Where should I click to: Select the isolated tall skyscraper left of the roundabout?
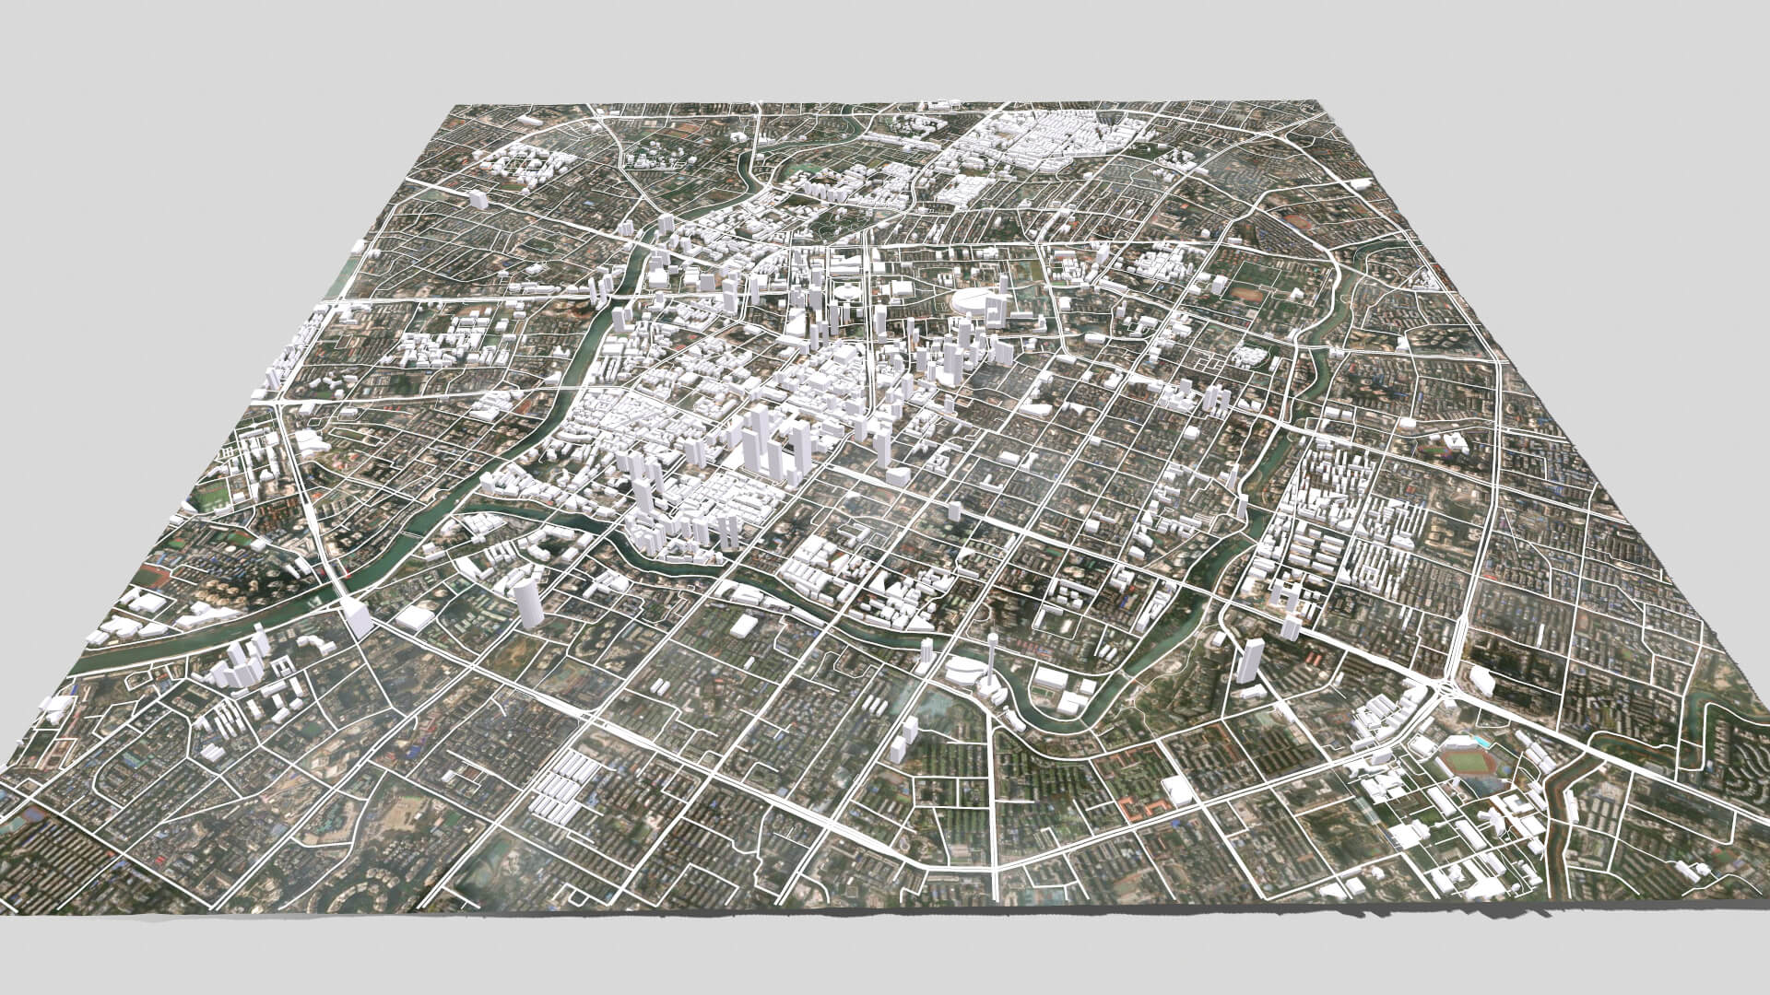click(1251, 661)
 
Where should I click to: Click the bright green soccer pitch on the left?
click(214, 495)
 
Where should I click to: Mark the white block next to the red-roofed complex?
click(1177, 790)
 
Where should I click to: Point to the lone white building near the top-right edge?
click(1362, 185)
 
